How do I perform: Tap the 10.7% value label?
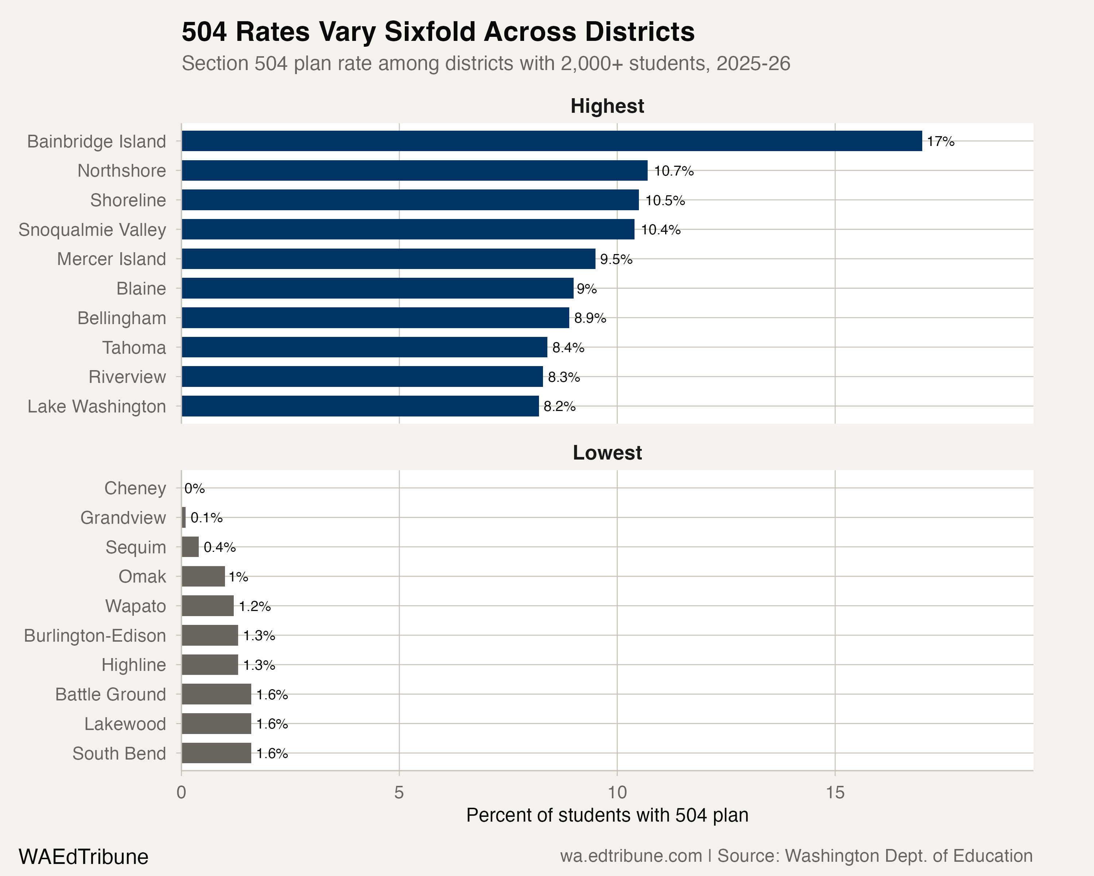tap(673, 171)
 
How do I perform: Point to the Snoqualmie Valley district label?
tap(92, 230)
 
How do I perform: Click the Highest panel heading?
tap(607, 106)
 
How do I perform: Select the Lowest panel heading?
tap(607, 453)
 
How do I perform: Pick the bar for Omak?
tap(203, 576)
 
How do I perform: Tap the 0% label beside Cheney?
tap(194, 488)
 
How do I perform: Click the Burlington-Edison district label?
tap(95, 635)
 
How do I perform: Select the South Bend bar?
tap(216, 753)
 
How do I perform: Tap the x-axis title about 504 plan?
tap(607, 815)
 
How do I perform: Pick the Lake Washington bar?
tap(360, 406)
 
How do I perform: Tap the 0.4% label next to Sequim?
tap(219, 547)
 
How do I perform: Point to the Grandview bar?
tap(184, 518)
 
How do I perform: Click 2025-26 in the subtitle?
tap(753, 64)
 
